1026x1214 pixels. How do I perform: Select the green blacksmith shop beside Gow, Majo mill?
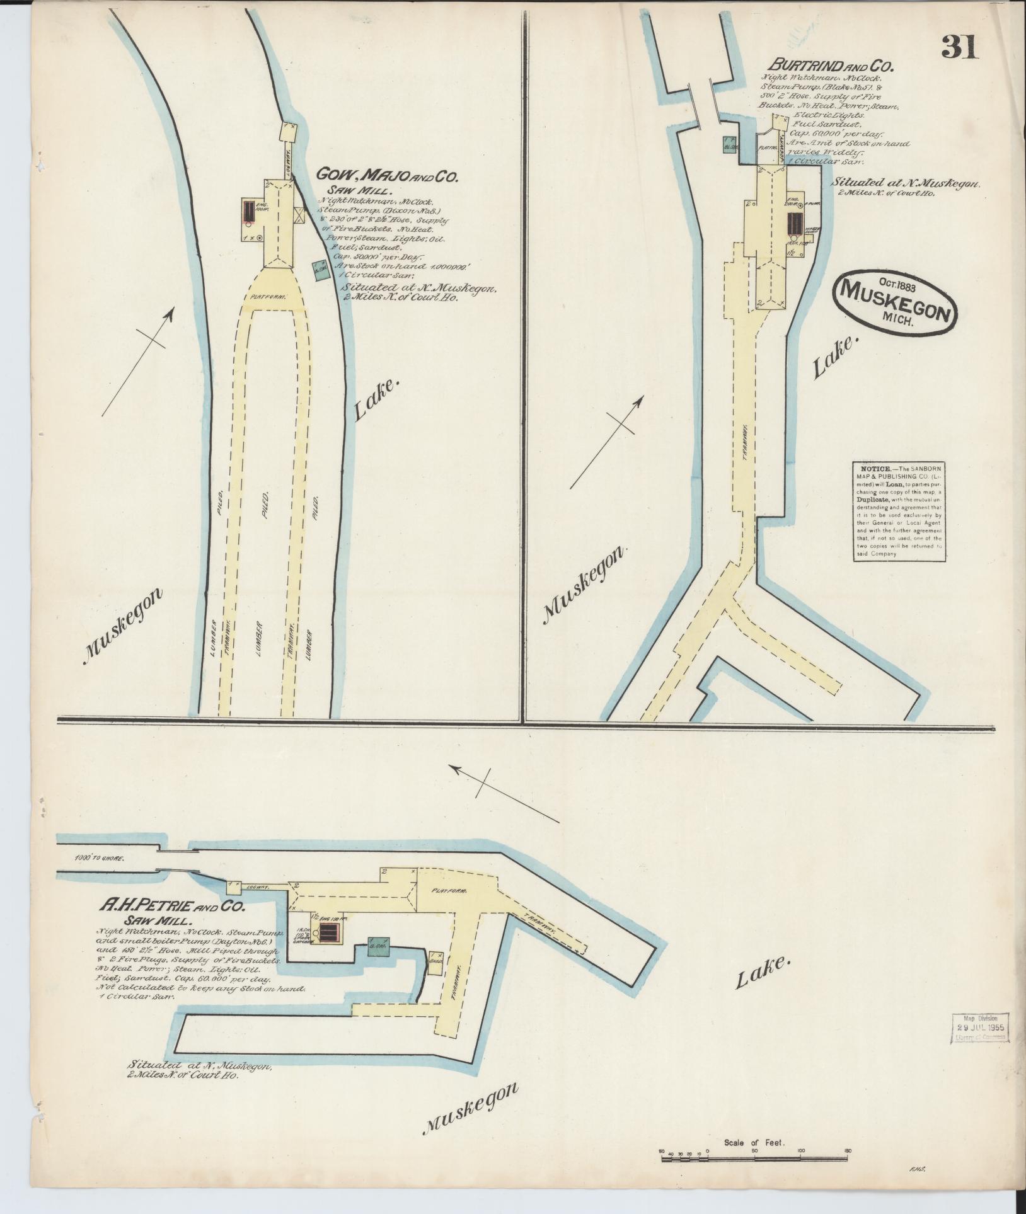click(x=321, y=271)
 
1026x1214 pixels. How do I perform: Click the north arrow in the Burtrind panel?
click(x=607, y=442)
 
